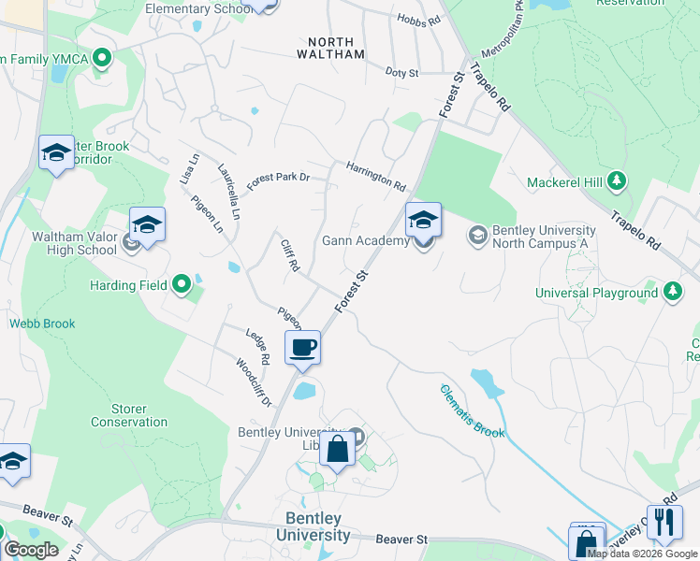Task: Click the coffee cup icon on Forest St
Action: [303, 348]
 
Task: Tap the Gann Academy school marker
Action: [423, 221]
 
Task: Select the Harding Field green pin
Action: [182, 283]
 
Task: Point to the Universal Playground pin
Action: [672, 292]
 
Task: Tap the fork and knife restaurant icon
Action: [664, 521]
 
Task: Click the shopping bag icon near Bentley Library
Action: [337, 449]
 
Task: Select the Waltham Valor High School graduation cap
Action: [147, 224]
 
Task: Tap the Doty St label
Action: [401, 72]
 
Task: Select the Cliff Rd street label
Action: [289, 254]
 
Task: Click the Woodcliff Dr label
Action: [254, 383]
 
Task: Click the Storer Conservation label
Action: [129, 415]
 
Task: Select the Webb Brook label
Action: [42, 324]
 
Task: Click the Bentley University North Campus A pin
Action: [478, 233]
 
